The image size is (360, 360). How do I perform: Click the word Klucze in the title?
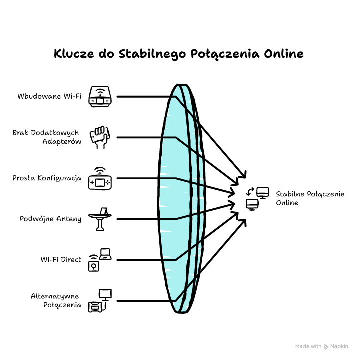pyautogui.click(x=74, y=54)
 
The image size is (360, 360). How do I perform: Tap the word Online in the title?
pyautogui.click(x=284, y=54)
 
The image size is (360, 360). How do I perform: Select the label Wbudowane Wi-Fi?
pyautogui.click(x=49, y=96)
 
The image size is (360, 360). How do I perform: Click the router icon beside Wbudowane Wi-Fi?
pyautogui.click(x=100, y=96)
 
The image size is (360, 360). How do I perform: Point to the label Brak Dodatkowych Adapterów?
pyautogui.click(x=47, y=137)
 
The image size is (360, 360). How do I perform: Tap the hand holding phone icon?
pyautogui.click(x=100, y=137)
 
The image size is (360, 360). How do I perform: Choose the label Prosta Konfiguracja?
pyautogui.click(x=47, y=178)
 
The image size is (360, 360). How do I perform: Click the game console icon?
pyautogui.click(x=100, y=178)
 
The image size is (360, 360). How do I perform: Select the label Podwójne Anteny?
pyautogui.click(x=50, y=219)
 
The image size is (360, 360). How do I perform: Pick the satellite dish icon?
pyautogui.click(x=100, y=219)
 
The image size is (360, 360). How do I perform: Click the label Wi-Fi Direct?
pyautogui.click(x=61, y=260)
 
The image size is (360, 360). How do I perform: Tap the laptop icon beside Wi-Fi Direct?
pyautogui.click(x=105, y=254)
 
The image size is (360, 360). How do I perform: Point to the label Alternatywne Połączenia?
pyautogui.click(x=56, y=301)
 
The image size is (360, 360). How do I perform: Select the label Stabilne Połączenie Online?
pyautogui.click(x=310, y=198)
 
